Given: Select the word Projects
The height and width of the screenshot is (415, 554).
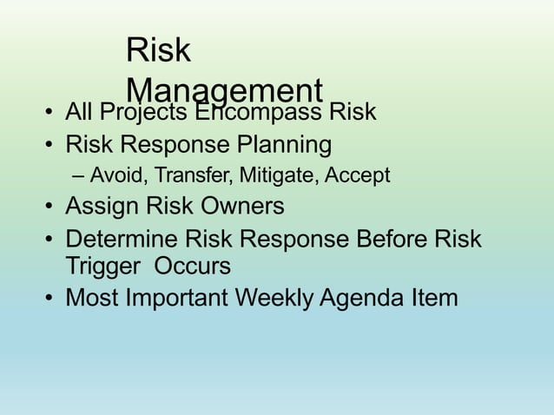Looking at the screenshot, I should pos(145,113).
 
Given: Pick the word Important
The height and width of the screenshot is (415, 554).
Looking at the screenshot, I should pos(180,298).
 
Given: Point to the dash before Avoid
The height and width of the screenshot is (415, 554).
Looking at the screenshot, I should pos(80,177).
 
